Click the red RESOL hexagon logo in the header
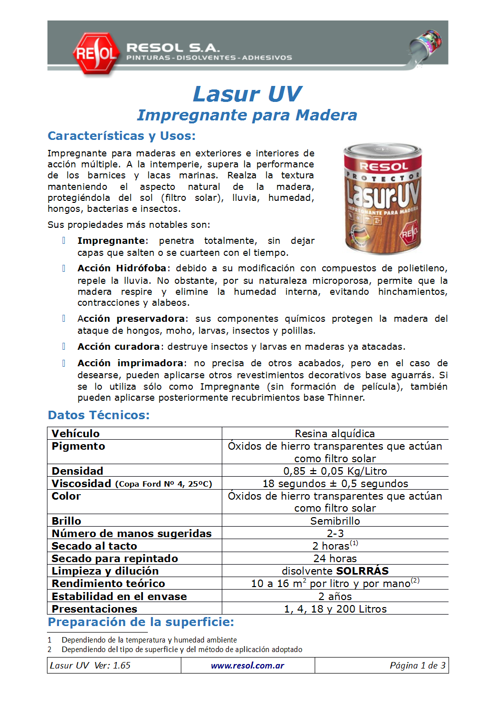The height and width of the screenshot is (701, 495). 96,53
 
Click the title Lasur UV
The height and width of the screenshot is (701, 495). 247,94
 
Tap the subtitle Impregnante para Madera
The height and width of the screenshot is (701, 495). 247,115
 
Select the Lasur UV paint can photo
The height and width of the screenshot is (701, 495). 383,198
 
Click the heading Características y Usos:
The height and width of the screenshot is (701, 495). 121,136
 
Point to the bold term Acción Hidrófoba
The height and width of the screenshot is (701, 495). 122,268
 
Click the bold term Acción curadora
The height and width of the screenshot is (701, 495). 118,347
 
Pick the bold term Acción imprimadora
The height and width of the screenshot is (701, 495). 130,363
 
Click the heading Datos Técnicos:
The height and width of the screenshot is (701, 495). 98,415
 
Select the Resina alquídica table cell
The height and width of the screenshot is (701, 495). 335,434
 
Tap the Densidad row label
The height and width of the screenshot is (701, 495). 77,471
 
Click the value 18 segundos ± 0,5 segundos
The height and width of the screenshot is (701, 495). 335,484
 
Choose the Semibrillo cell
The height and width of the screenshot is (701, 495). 335,521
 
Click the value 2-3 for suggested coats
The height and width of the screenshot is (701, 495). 335,534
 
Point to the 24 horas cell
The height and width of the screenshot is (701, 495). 335,559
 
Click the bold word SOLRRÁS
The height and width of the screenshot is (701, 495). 362,571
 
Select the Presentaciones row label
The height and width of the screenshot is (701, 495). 94,609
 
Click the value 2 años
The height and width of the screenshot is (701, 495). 335,597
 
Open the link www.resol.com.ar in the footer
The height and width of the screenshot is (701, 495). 247,666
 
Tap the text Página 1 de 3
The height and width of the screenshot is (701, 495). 417,666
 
